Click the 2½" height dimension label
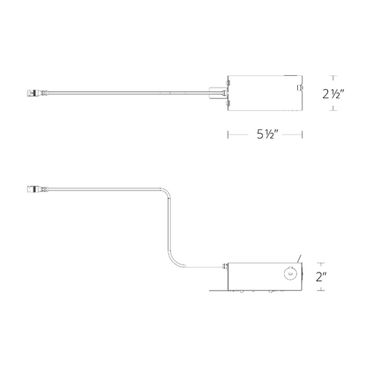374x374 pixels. coord(333,93)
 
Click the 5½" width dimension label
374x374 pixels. coord(267,134)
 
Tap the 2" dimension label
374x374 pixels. coord(321,277)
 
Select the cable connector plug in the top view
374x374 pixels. coord(37,93)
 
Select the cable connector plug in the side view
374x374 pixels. coord(37,188)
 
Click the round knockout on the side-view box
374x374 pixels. coord(290,274)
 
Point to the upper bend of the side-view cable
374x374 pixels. coord(167,191)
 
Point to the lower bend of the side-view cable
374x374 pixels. coord(173,261)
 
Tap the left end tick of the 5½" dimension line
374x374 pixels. coord(228,134)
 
